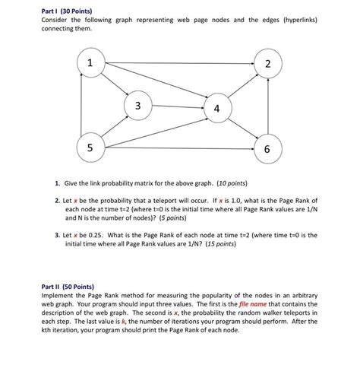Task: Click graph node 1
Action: (x=91, y=62)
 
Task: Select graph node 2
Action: (x=268, y=63)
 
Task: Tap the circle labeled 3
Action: (x=138, y=106)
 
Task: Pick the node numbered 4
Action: (x=218, y=108)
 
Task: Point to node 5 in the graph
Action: (x=91, y=148)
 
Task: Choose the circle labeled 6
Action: (x=268, y=149)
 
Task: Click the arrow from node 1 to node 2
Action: (x=179, y=63)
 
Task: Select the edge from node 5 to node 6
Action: (x=179, y=148)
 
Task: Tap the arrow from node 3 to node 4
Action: (x=178, y=106)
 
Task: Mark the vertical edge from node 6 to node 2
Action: (x=268, y=106)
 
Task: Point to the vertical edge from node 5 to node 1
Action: (x=81, y=104)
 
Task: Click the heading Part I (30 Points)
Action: (x=67, y=11)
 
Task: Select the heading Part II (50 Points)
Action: (x=68, y=287)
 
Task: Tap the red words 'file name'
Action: (x=253, y=304)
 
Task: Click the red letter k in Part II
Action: (x=123, y=321)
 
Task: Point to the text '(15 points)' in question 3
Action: (x=221, y=244)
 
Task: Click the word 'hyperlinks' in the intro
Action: (x=301, y=20)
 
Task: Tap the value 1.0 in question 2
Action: (x=236, y=201)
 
